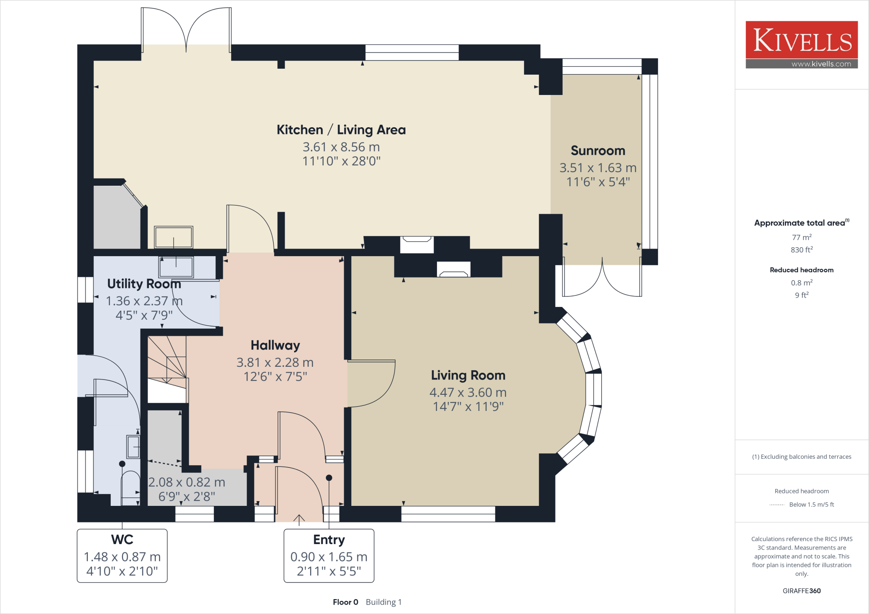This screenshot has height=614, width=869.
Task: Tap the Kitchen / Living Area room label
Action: pyautogui.click(x=341, y=130)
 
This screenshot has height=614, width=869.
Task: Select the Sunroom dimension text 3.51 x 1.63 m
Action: pyautogui.click(x=598, y=168)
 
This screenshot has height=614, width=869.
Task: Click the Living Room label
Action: pyautogui.click(x=468, y=375)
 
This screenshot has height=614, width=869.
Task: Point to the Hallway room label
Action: pyautogui.click(x=275, y=345)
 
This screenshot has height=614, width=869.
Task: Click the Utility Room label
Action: pyautogui.click(x=144, y=284)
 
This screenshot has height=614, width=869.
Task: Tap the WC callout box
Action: pyautogui.click(x=122, y=555)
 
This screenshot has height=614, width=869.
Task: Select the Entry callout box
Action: pyautogui.click(x=329, y=555)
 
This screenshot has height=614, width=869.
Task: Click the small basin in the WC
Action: pyautogui.click(x=133, y=447)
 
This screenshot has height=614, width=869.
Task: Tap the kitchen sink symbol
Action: pyautogui.click(x=174, y=237)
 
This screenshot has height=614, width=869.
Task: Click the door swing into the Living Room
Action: pyautogui.click(x=371, y=384)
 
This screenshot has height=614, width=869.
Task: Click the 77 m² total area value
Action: pyautogui.click(x=802, y=237)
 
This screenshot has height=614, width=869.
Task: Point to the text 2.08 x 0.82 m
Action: pyautogui.click(x=187, y=482)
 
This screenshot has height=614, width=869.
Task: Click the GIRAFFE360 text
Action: pyautogui.click(x=802, y=591)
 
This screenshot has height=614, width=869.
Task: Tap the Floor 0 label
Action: pyautogui.click(x=345, y=602)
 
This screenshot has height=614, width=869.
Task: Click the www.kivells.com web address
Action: pyautogui.click(x=821, y=64)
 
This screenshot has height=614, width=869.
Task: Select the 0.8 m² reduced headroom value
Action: pyautogui.click(x=802, y=283)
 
